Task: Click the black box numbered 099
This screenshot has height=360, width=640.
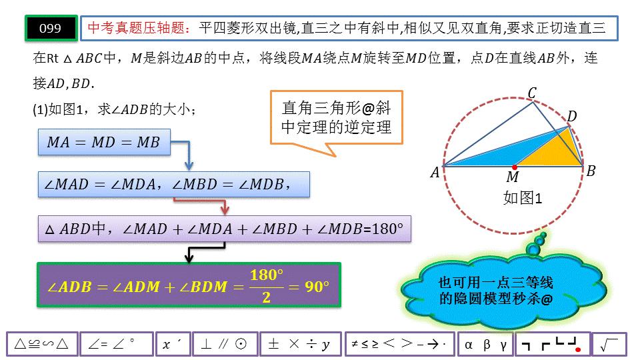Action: click(x=51, y=28)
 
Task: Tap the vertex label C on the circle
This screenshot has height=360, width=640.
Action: click(x=532, y=93)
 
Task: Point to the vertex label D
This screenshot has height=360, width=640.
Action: click(x=571, y=117)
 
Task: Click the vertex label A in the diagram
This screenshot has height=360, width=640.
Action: click(x=435, y=173)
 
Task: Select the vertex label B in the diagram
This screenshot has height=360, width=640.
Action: click(x=590, y=171)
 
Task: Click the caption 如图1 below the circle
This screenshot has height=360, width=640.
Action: click(x=523, y=198)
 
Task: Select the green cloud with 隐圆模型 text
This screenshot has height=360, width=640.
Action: click(x=497, y=291)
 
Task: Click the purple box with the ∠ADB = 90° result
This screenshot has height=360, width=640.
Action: click(x=189, y=286)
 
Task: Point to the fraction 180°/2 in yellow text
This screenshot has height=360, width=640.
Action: click(x=266, y=286)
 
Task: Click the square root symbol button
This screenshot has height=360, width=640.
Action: click(x=609, y=344)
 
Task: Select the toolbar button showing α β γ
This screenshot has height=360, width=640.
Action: click(x=485, y=344)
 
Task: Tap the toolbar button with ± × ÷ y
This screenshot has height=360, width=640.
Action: click(x=299, y=344)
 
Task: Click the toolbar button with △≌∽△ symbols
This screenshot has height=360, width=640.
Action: click(x=41, y=344)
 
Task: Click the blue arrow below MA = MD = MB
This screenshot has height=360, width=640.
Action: click(x=188, y=158)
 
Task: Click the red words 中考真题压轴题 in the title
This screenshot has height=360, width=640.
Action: click(x=139, y=28)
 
